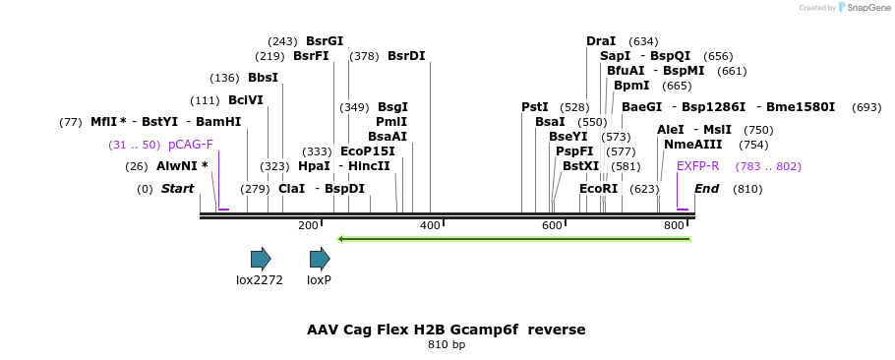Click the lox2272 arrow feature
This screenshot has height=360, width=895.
pyautogui.click(x=260, y=259)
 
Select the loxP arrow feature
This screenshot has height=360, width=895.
pyautogui.click(x=319, y=259)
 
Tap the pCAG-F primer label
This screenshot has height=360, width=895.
pyautogui.click(x=191, y=145)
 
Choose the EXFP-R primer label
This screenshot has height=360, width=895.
pyautogui.click(x=698, y=165)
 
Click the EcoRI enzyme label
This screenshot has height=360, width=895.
pyautogui.click(x=598, y=188)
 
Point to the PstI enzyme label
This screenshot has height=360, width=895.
pyautogui.click(x=535, y=106)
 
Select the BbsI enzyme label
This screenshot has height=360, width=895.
pyautogui.click(x=263, y=78)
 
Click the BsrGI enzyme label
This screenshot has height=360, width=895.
pyautogui.click(x=325, y=41)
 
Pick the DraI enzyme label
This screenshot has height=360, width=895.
pyautogui.click(x=601, y=41)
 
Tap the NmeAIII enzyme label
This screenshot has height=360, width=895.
pyautogui.click(x=693, y=145)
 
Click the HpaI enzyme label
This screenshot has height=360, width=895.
pyautogui.click(x=314, y=165)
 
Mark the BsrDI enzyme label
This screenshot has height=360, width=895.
pyautogui.click(x=406, y=56)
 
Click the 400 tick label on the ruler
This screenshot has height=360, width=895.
pyautogui.click(x=430, y=226)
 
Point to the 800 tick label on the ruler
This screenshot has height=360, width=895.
pyautogui.click(x=674, y=226)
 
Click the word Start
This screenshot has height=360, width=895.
pyautogui.click(x=178, y=188)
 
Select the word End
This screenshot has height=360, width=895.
pyautogui.click(x=707, y=188)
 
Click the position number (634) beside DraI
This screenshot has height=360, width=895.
pyautogui.click(x=643, y=41)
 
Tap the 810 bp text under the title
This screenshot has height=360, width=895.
pyautogui.click(x=447, y=345)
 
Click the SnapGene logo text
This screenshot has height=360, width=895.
pyautogui.click(x=864, y=8)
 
